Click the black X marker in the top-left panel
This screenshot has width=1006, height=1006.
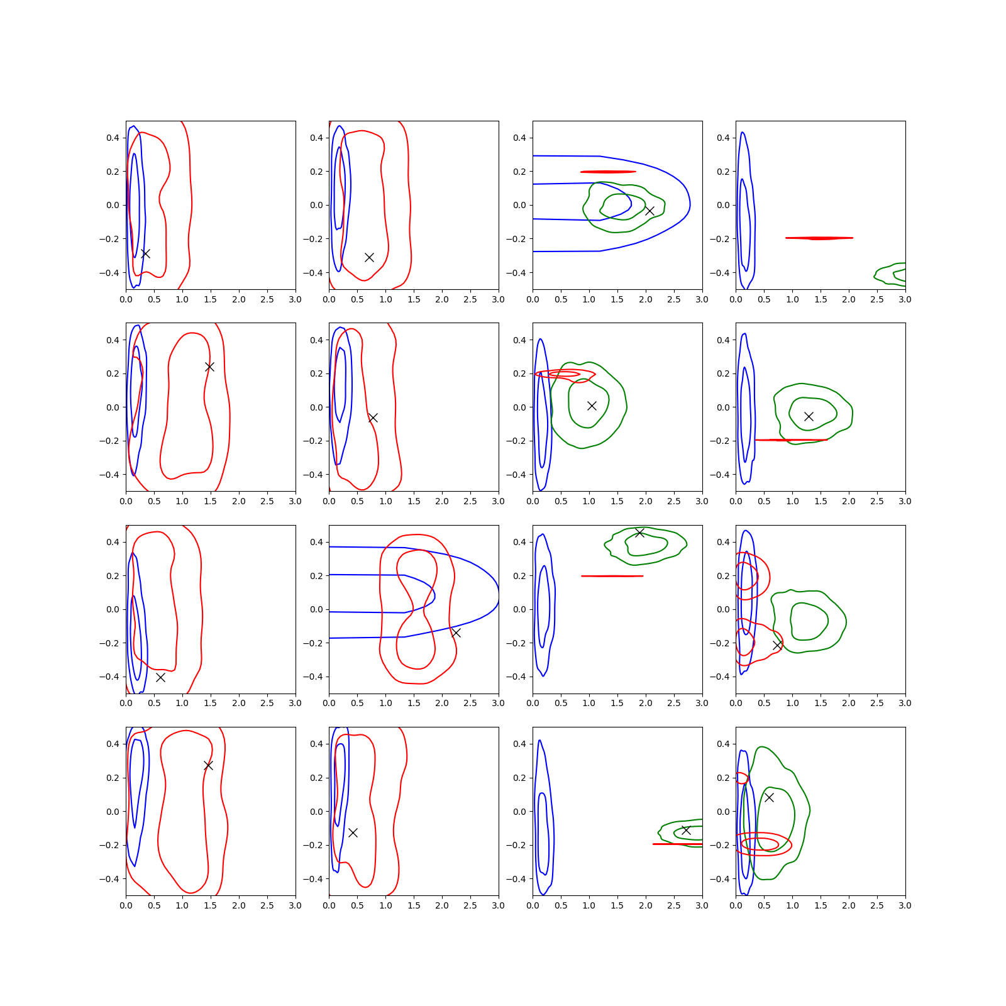145,253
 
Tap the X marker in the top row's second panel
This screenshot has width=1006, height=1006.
369,257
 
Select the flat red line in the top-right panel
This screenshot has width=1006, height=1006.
819,238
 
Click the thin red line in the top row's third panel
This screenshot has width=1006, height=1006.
608,172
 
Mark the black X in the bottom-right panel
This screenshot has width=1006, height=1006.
769,797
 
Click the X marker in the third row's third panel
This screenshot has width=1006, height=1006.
639,533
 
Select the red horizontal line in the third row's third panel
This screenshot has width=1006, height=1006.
612,576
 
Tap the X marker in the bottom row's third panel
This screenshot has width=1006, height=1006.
686,831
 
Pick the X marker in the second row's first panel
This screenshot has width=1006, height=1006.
209,367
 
